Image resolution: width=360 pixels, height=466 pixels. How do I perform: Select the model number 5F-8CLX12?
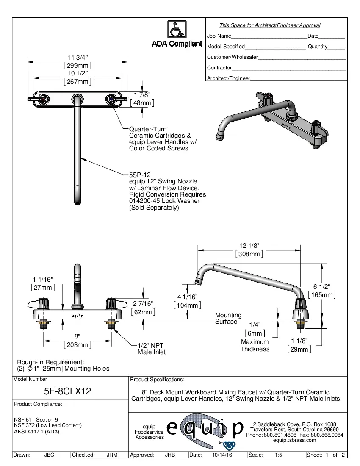click(68, 392)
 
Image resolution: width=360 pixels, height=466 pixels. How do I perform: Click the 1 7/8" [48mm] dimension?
click(142, 99)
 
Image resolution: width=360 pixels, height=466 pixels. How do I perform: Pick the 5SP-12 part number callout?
click(140, 174)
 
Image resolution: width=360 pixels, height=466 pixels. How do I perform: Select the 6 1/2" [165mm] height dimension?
click(322, 291)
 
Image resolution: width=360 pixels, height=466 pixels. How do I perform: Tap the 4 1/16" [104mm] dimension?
click(187, 301)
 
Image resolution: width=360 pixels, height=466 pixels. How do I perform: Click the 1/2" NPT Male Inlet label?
click(152, 348)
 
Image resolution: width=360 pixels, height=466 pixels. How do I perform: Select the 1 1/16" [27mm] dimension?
click(43, 283)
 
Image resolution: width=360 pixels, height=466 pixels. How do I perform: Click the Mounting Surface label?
click(228, 318)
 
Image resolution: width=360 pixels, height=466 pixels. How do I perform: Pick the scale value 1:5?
click(279, 455)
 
